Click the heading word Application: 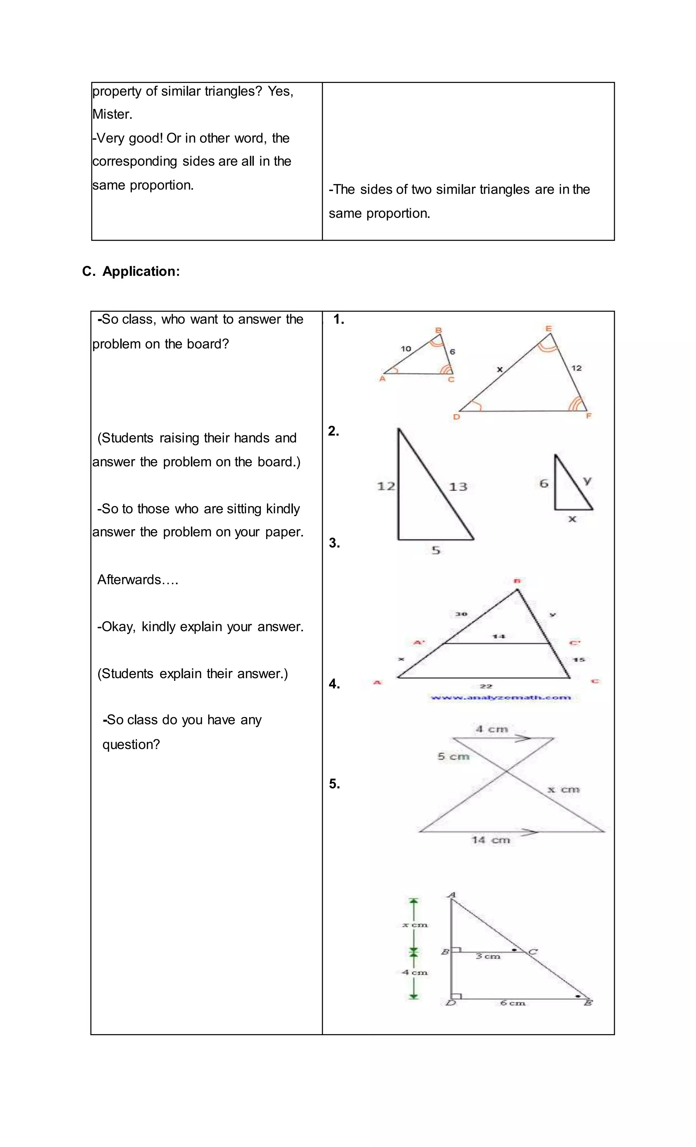(141, 271)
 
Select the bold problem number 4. (334, 684)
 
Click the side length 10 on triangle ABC (406, 349)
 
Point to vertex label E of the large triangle (549, 328)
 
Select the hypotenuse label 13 (458, 487)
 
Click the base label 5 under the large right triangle (435, 551)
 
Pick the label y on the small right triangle (587, 480)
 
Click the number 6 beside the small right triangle (544, 484)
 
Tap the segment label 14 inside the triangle (498, 636)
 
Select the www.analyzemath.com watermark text (501, 697)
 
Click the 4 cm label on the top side (491, 729)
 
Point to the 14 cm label (491, 840)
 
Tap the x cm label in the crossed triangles (563, 790)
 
